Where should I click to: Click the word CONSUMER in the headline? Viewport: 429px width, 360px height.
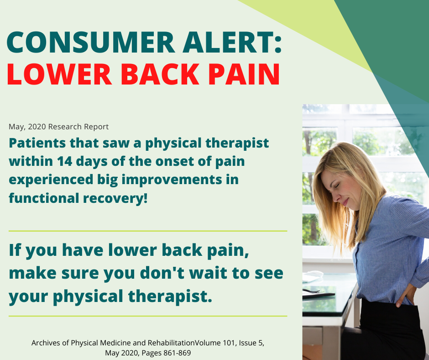pyautogui.click(x=90, y=42)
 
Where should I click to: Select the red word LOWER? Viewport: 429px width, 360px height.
pyautogui.click(x=59, y=74)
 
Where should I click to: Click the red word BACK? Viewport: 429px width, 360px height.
pyautogui.click(x=160, y=74)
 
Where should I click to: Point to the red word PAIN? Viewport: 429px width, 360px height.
pyautogui.click(x=244, y=74)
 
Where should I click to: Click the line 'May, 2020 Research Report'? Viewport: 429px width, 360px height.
pyautogui.click(x=58, y=127)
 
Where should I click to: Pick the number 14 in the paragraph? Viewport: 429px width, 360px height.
pyautogui.click(x=64, y=161)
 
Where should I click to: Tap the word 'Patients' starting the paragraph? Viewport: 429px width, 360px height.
pyautogui.click(x=37, y=143)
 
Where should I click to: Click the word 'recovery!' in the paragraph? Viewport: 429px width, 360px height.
pyautogui.click(x=115, y=198)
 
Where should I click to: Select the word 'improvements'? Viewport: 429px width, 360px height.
pyautogui.click(x=172, y=180)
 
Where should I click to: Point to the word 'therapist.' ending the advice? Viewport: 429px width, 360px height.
pyautogui.click(x=170, y=296)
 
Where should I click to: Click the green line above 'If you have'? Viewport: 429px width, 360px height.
pyautogui.click(x=148, y=231)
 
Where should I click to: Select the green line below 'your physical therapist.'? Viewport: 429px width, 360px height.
pyautogui.click(x=148, y=316)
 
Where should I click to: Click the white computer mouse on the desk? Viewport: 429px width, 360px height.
pyautogui.click(x=314, y=273)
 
